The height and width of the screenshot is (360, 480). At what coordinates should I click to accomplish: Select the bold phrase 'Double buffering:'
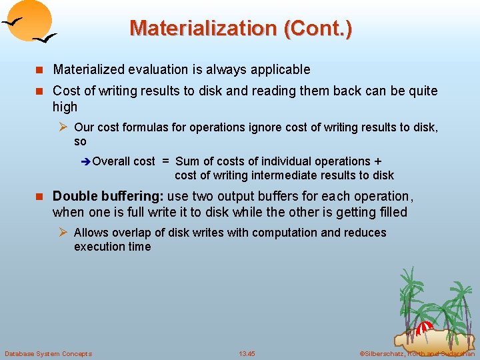point(108,196)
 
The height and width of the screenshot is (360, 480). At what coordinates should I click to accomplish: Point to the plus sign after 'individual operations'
point(378,161)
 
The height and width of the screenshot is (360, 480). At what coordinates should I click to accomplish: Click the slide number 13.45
point(247,353)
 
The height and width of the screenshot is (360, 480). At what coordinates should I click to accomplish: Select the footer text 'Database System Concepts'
point(48,353)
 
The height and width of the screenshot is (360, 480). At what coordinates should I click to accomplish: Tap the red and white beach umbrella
point(423,329)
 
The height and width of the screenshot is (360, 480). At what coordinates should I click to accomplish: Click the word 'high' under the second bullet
point(65,107)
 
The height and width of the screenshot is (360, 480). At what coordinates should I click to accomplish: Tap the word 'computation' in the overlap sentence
point(289,233)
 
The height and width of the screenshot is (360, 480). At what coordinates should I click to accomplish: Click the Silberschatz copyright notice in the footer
point(417,353)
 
